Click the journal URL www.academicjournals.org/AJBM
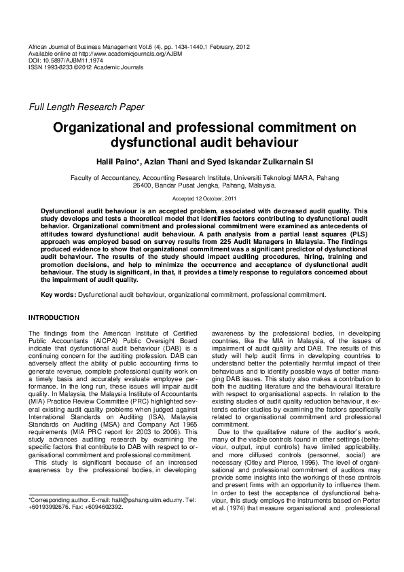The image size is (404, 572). coord(122,54)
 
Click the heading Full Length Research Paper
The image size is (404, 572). coord(86,107)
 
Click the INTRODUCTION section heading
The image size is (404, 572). coord(54,318)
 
